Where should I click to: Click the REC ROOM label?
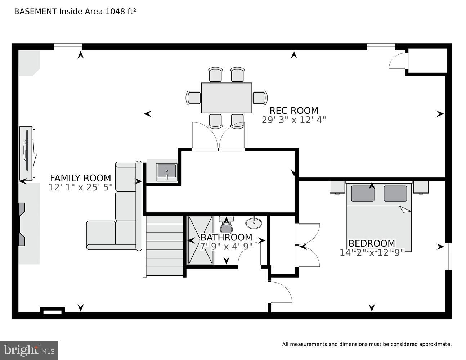point(294,111)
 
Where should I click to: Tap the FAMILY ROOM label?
point(80,178)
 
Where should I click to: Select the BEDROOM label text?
point(372,243)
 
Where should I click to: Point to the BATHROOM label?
point(226,237)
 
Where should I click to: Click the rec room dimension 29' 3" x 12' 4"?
point(294,120)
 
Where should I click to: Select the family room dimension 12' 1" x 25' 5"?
point(80,187)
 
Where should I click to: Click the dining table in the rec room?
point(226,98)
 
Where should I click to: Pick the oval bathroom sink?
point(254,223)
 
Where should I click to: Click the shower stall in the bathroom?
point(200,240)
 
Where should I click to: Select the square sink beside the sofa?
point(166,172)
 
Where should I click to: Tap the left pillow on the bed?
point(362,193)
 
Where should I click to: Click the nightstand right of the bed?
point(421,187)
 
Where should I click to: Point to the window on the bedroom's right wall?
point(448,256)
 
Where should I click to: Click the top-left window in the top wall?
point(68,47)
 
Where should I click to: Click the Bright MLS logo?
point(29,350)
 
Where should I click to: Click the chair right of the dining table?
point(260,98)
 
